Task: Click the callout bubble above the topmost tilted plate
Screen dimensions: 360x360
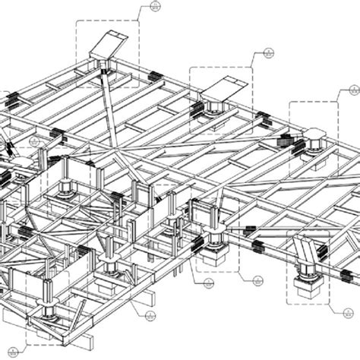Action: click(155, 8)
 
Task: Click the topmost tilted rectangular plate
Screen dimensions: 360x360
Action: click(107, 46)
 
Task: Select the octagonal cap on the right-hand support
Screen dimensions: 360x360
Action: click(313, 137)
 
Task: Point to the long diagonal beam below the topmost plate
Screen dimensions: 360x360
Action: click(109, 114)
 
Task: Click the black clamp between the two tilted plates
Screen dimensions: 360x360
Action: click(155, 74)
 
